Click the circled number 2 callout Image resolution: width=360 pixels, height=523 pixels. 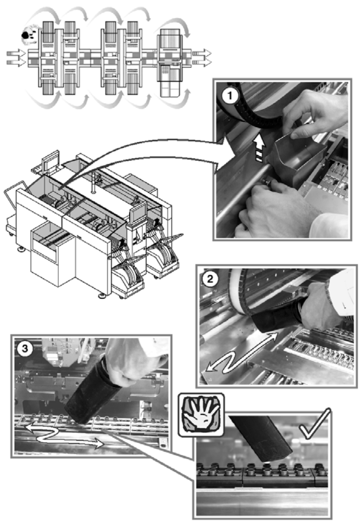[210, 279]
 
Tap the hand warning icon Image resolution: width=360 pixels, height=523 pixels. [201, 415]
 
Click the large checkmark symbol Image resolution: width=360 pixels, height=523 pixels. [314, 424]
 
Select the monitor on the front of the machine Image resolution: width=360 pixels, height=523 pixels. [138, 212]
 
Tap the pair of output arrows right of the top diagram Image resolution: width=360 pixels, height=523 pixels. [202, 58]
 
